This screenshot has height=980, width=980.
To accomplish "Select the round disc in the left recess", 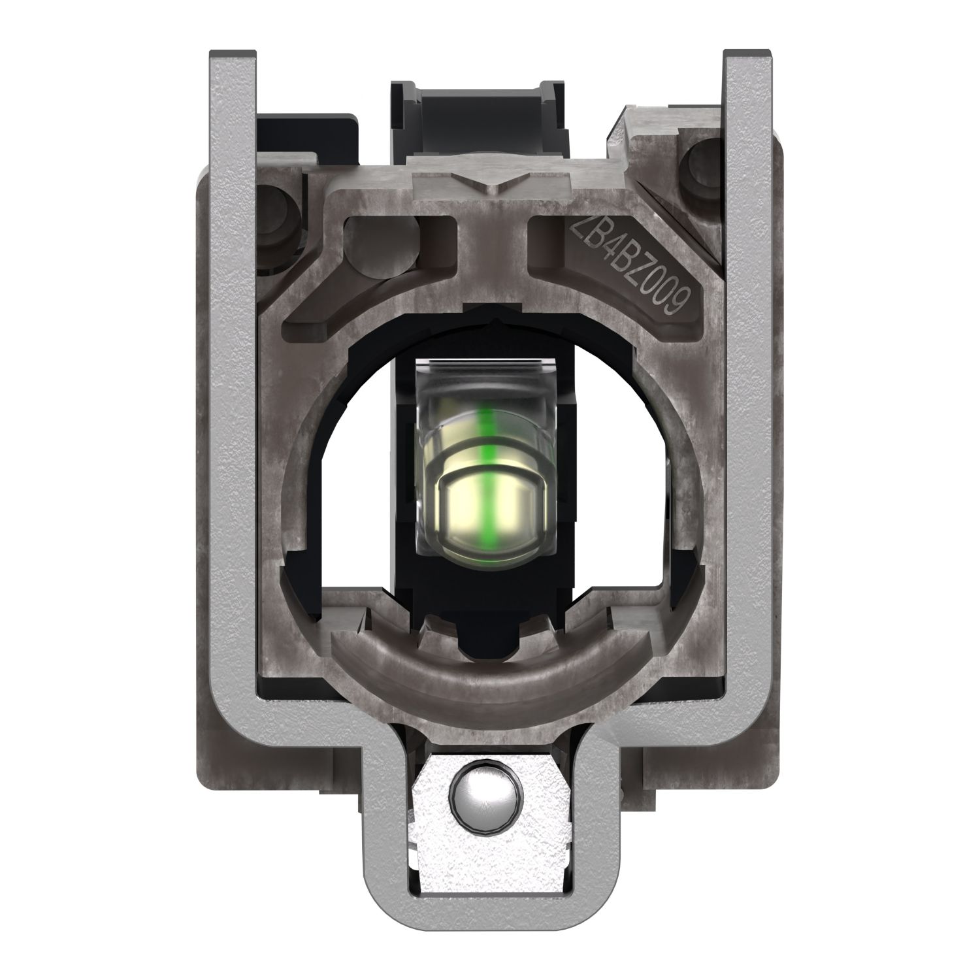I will (382, 245).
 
